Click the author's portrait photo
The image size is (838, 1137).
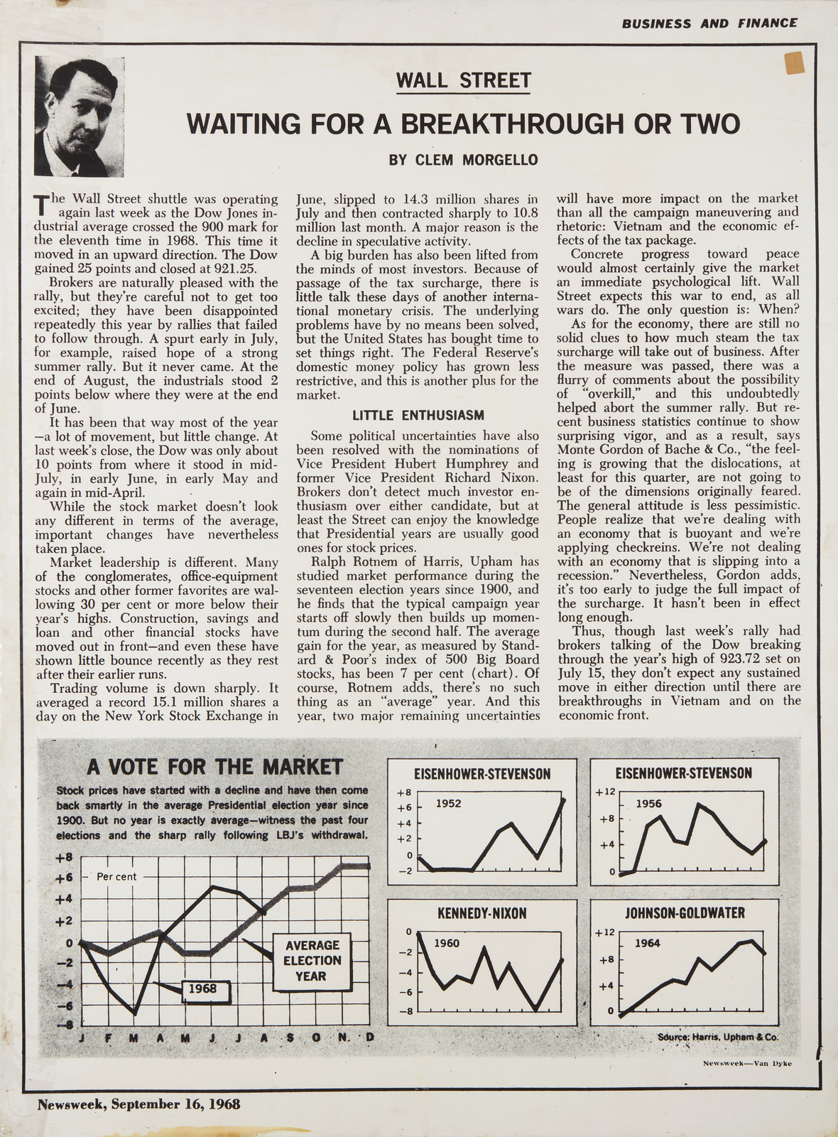click(x=80, y=117)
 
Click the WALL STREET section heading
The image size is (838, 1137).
click(x=463, y=80)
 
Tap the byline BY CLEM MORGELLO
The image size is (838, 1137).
click(x=463, y=159)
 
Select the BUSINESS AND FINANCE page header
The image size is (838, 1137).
click(x=709, y=23)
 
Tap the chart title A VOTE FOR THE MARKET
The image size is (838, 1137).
click(x=214, y=767)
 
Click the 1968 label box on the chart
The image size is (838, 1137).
click(x=202, y=988)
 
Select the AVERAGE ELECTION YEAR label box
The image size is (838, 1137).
click(x=312, y=961)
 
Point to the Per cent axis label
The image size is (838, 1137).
click(x=116, y=877)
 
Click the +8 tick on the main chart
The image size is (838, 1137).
click(x=65, y=857)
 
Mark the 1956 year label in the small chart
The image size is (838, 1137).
click(x=648, y=804)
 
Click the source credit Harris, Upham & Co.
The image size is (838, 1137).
click(x=718, y=1037)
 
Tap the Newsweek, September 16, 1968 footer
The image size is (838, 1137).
click(x=139, y=1104)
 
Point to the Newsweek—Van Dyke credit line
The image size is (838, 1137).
click(x=746, y=1063)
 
